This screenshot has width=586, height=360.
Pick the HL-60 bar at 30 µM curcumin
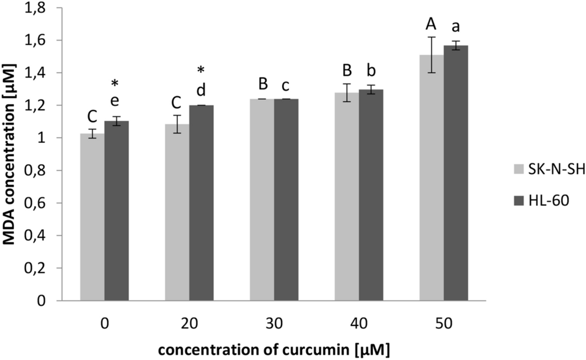286,199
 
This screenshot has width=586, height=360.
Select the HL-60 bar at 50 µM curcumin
456,172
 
